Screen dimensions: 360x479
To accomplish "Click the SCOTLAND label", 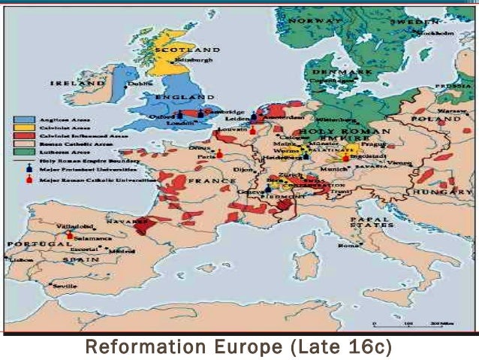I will pos(187,50).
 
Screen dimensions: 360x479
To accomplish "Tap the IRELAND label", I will pos(77,83).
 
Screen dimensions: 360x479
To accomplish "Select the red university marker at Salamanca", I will pos(70,235).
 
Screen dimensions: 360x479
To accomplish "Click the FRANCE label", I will pos(207,181).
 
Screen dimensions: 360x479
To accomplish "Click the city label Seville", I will pos(63,286).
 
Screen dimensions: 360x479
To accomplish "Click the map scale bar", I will pos(410,325).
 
